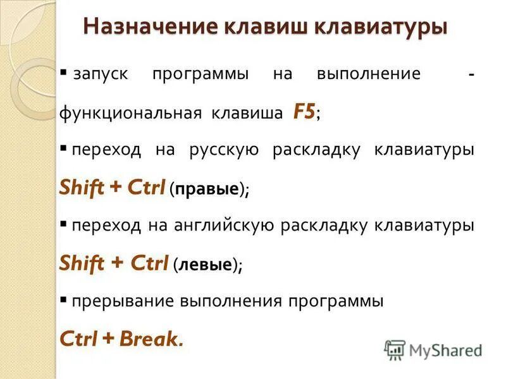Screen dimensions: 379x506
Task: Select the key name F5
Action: (x=304, y=112)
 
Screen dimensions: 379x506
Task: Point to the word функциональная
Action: (x=130, y=114)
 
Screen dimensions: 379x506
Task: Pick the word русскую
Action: (x=224, y=150)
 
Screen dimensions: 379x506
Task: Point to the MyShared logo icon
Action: (x=395, y=349)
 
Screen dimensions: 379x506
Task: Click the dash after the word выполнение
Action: (x=471, y=75)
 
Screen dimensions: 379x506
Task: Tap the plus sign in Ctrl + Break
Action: (x=108, y=339)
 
